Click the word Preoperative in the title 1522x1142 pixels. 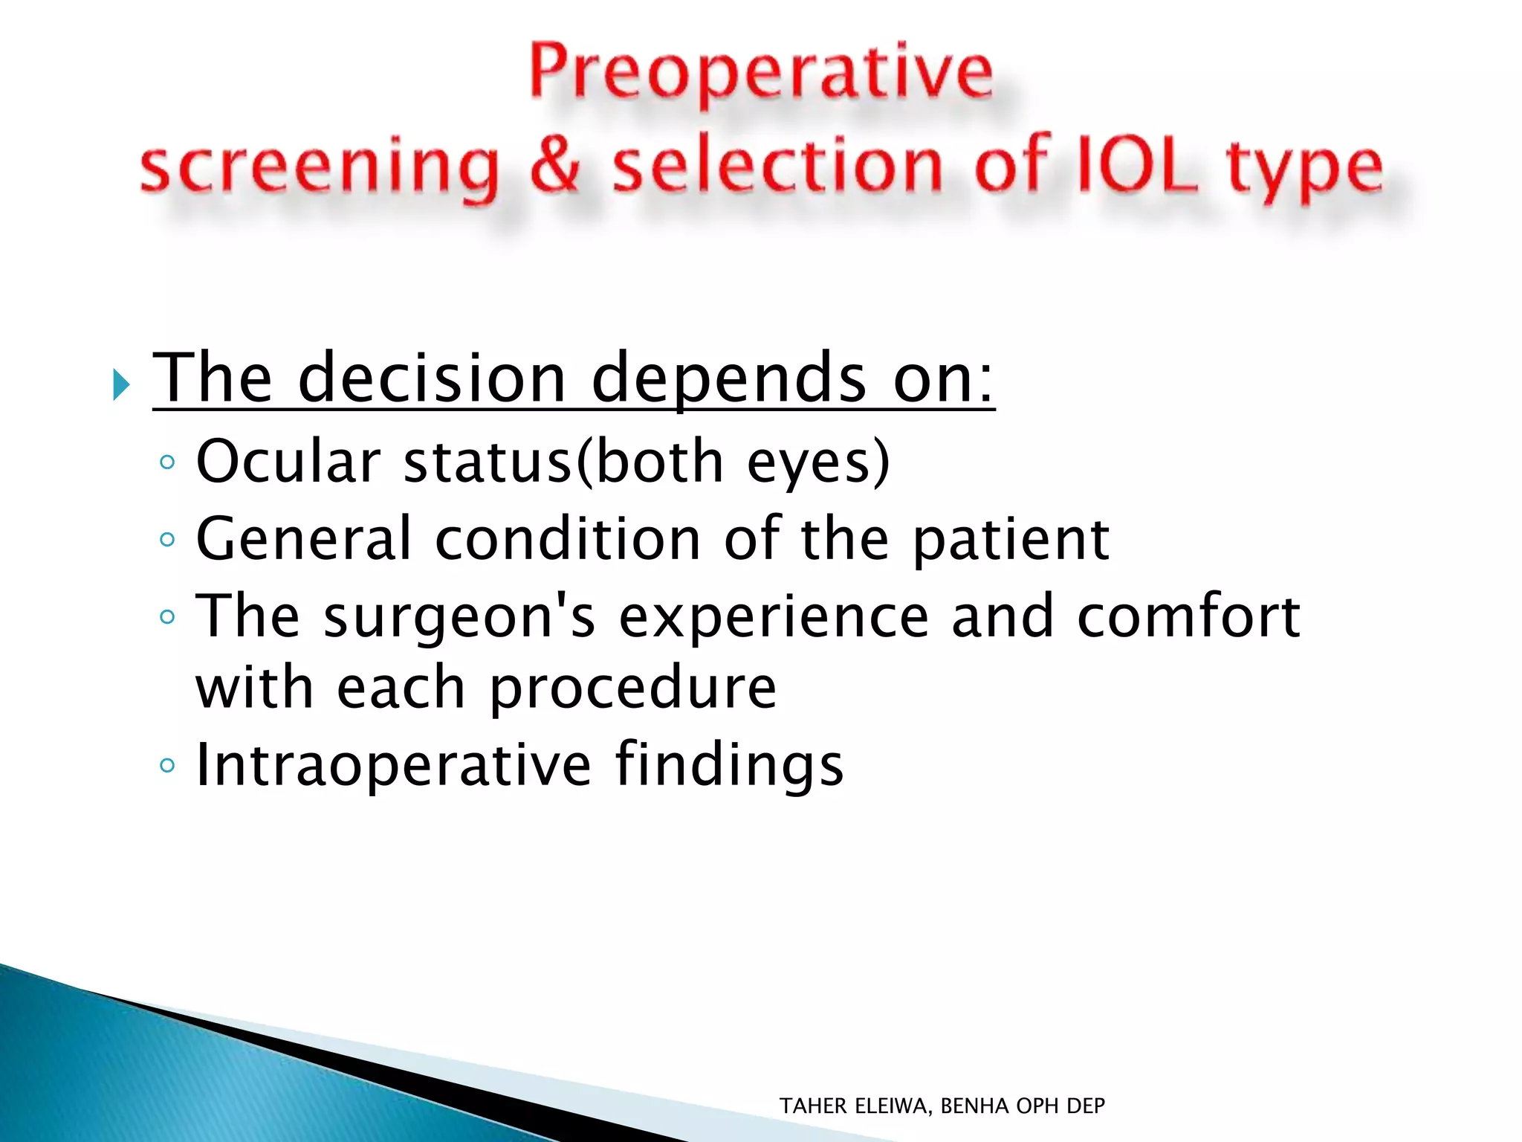(761, 73)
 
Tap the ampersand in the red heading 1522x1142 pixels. (554, 165)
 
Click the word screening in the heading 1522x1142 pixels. (320, 168)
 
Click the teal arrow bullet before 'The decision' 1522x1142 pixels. (121, 384)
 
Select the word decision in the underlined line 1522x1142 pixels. (432, 379)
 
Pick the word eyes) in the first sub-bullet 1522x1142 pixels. (817, 463)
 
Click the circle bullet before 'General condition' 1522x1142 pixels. (167, 539)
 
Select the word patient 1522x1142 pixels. (1011, 541)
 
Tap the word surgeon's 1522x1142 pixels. (459, 618)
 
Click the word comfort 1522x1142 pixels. (1188, 616)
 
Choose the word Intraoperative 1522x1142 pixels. (393, 765)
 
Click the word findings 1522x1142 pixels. (729, 767)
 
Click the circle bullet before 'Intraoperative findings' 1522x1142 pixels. (167, 765)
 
